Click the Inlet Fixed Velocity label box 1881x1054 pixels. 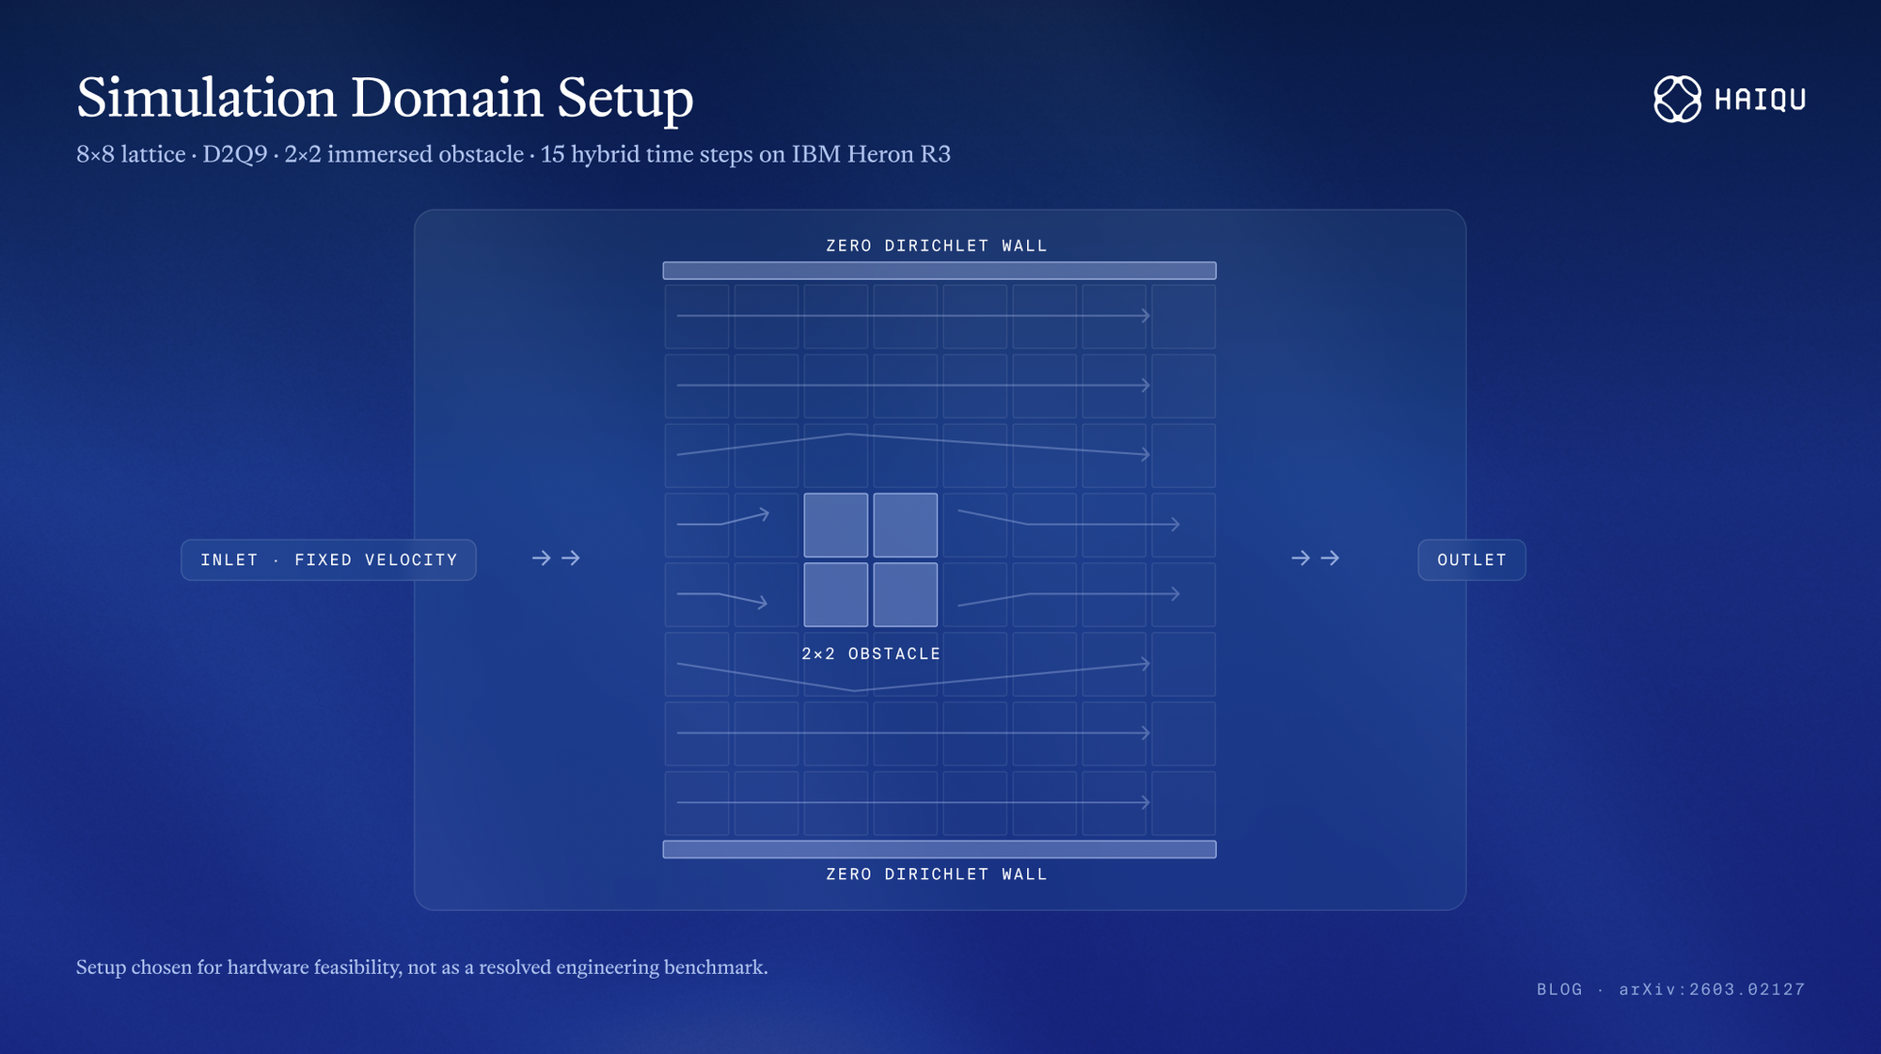coord(328,559)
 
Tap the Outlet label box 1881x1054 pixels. coord(1472,559)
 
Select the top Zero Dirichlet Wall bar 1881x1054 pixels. coord(940,271)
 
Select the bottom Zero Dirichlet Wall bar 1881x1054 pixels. coord(940,849)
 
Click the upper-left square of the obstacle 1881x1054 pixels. coord(836,525)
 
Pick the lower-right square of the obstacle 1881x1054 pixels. coord(906,594)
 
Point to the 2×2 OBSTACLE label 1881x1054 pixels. coord(871,653)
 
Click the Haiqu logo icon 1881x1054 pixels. coord(1678,99)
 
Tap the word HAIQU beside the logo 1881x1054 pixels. coord(1760,100)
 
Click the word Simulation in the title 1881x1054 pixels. coord(206,98)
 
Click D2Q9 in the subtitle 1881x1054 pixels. coord(235,154)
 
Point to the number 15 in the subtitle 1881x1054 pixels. coord(552,154)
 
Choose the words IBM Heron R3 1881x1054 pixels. coord(871,154)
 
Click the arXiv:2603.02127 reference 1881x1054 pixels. coord(1712,989)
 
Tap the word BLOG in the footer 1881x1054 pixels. coord(1559,989)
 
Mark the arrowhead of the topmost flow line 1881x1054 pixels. coord(1146,316)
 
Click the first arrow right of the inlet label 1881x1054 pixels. coord(541,558)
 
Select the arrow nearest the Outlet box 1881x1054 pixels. coord(1330,558)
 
